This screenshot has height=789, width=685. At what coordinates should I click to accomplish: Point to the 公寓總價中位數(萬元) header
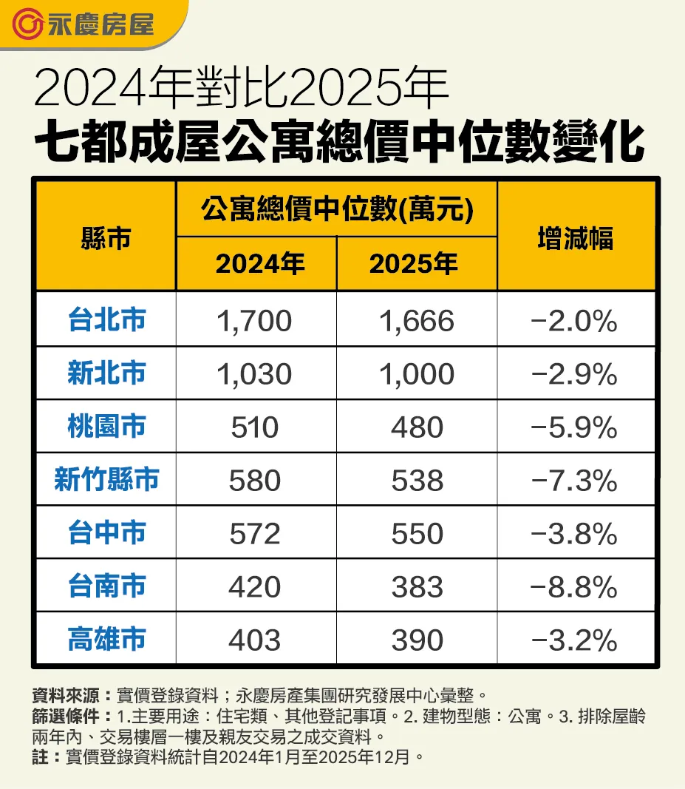coord(337,211)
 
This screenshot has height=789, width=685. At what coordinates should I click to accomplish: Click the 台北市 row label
coord(106,320)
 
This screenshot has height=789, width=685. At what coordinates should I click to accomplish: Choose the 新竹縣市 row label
coord(106,480)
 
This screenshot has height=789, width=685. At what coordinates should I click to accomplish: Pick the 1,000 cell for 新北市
coord(417,374)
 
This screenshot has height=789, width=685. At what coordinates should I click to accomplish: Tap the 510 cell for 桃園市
coord(255,427)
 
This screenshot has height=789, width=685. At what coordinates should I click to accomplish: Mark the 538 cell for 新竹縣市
coord(417,481)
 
